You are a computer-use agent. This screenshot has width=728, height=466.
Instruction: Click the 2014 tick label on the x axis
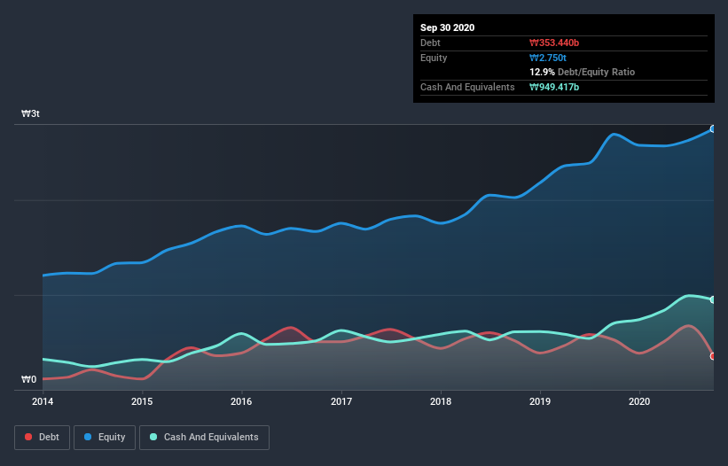43,401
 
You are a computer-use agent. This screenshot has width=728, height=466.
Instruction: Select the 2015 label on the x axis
142,401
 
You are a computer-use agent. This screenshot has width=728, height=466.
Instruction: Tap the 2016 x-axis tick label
241,401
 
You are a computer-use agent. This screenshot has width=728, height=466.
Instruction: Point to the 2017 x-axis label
341,401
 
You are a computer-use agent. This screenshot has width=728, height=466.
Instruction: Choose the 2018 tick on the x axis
440,401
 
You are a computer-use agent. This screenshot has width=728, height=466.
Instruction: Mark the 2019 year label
539,401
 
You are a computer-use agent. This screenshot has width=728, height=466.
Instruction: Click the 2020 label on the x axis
638,401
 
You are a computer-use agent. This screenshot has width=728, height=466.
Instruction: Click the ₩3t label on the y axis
31,114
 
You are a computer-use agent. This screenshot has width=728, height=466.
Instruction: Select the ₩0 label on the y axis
29,380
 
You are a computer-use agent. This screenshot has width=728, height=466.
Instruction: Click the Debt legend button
42,437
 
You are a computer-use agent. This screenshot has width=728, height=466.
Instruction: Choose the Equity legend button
105,437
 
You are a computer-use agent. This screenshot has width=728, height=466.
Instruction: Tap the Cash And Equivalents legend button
204,437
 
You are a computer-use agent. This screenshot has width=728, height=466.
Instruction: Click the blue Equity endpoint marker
713,129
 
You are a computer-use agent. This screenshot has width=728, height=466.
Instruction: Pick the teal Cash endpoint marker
713,299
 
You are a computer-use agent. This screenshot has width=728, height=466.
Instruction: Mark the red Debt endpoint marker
713,356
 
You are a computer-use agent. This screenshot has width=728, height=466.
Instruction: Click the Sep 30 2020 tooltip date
448,27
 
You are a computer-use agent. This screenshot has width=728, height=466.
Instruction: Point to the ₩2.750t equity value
548,58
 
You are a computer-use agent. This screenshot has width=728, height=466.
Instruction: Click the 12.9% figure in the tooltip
542,72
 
